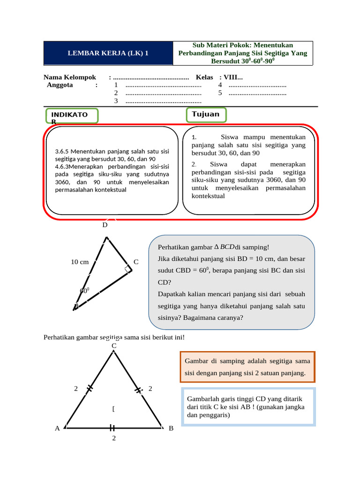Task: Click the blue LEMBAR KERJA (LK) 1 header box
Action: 108,53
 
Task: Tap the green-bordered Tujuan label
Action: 206,115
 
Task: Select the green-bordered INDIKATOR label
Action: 72,116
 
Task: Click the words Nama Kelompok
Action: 69,77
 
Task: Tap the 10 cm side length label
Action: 80,262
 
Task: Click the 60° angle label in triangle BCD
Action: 85,290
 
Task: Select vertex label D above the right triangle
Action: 105,225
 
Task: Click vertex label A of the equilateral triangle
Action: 57,428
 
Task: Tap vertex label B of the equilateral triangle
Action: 171,428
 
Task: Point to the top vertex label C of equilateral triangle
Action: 113,346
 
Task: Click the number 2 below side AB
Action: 113,438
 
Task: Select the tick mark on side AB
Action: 112,427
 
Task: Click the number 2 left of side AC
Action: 76,389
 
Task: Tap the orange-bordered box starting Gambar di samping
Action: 247,367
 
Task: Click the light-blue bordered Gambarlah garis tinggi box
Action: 248,407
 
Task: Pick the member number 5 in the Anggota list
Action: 220,93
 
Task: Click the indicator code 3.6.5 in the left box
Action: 62,151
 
